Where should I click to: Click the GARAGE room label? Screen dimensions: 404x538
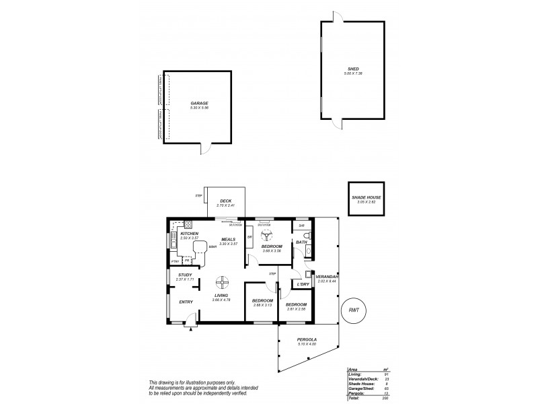[200, 103]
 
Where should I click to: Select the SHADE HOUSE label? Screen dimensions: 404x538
[366, 197]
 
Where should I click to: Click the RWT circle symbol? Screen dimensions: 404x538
[354, 311]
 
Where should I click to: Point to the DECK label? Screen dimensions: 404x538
[226, 201]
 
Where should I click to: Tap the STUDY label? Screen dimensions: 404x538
[186, 275]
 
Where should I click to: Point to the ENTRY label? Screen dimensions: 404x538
[186, 302]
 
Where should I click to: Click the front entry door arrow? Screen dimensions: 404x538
[192, 328]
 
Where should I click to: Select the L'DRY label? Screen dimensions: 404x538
[302, 285]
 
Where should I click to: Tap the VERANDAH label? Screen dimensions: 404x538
[327, 277]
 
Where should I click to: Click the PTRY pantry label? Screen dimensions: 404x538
[175, 261]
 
